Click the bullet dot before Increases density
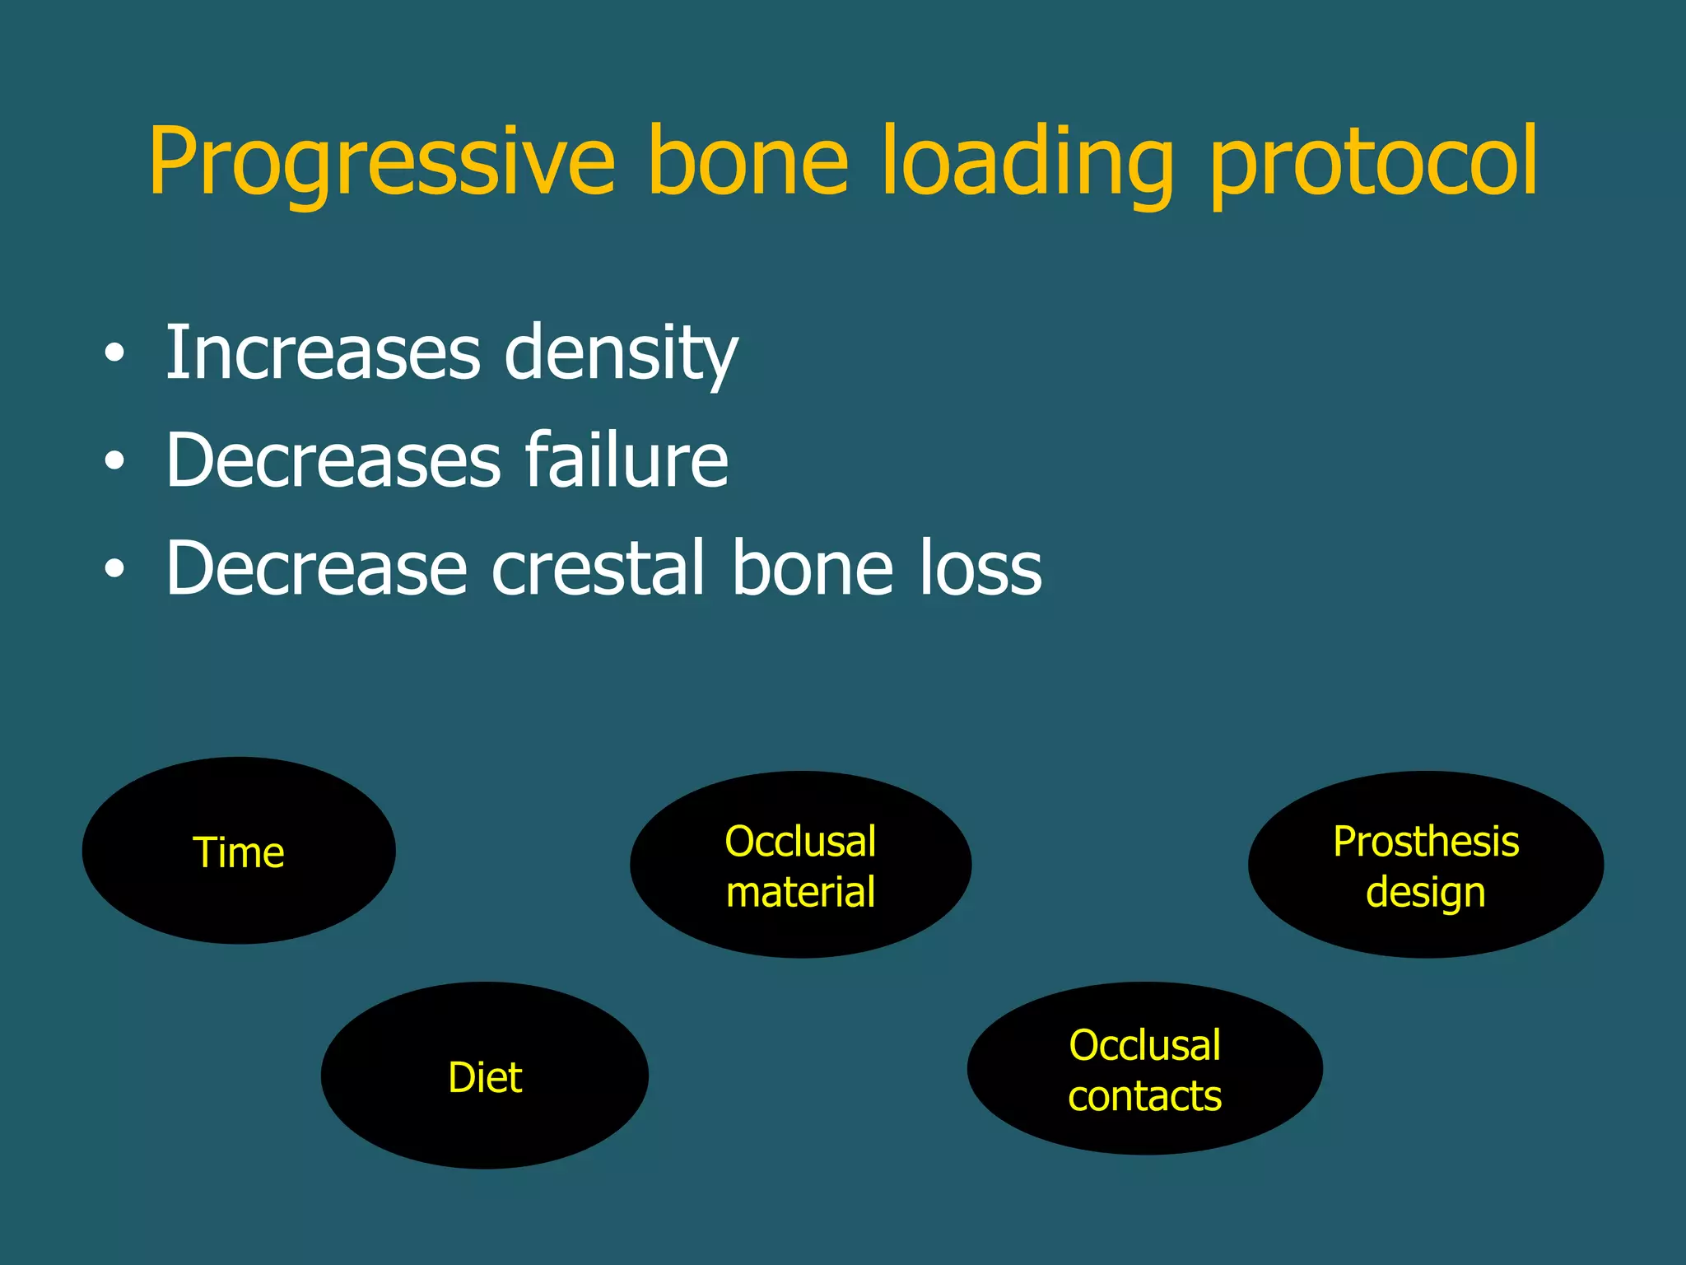coord(114,354)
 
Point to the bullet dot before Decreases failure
coord(114,462)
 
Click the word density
coord(621,354)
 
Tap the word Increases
coord(323,354)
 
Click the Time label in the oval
coord(239,852)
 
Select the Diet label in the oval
coord(485,1077)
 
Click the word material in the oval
coord(800,893)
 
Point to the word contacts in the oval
coord(1144,1096)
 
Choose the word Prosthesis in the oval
coord(1426,842)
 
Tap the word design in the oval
coord(1426,893)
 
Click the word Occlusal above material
coord(800,842)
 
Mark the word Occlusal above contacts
coord(1144,1045)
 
